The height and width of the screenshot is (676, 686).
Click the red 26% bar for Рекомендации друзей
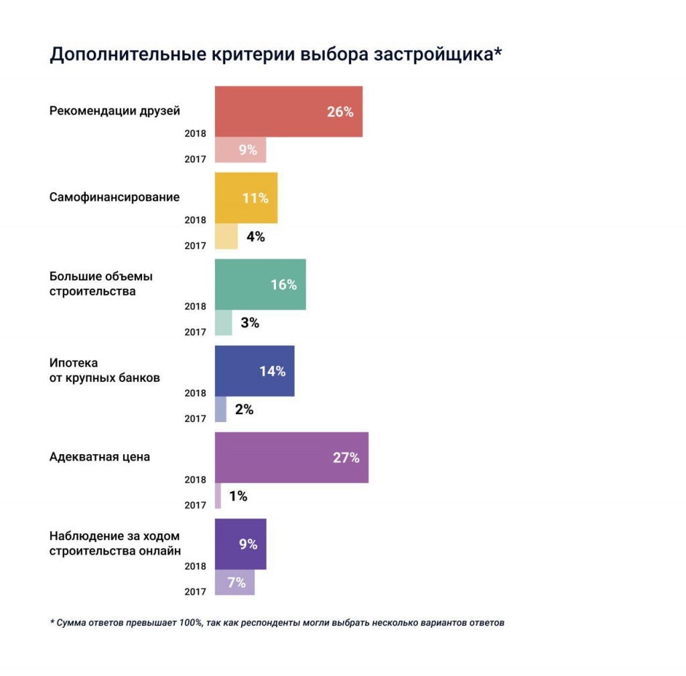pyautogui.click(x=288, y=112)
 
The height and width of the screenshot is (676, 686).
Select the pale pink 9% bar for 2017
pyautogui.click(x=240, y=150)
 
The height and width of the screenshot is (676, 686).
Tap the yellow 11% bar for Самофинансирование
pyautogui.click(x=246, y=198)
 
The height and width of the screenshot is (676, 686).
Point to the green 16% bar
pyautogui.click(x=260, y=285)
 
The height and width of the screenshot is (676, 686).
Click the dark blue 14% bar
pyautogui.click(x=254, y=371)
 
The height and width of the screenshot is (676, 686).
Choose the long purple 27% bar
pyautogui.click(x=291, y=458)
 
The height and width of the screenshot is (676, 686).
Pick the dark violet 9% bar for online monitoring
pyautogui.click(x=240, y=544)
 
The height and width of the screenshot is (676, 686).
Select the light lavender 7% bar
pyautogui.click(x=234, y=582)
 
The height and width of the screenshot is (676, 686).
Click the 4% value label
pyautogui.click(x=255, y=236)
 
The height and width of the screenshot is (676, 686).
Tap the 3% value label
pyautogui.click(x=250, y=323)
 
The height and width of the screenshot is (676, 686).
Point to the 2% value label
pyautogui.click(x=244, y=409)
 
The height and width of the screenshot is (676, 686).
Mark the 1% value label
pyautogui.click(x=238, y=496)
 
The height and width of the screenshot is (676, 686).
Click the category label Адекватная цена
pyautogui.click(x=100, y=457)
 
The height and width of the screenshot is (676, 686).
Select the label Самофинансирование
pyautogui.click(x=115, y=197)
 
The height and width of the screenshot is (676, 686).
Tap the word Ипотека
pyautogui.click(x=74, y=362)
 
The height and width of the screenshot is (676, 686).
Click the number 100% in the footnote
pyautogui.click(x=190, y=622)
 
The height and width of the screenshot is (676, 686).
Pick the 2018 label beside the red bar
pyautogui.click(x=195, y=133)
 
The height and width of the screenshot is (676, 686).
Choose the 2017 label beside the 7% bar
pyautogui.click(x=195, y=592)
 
